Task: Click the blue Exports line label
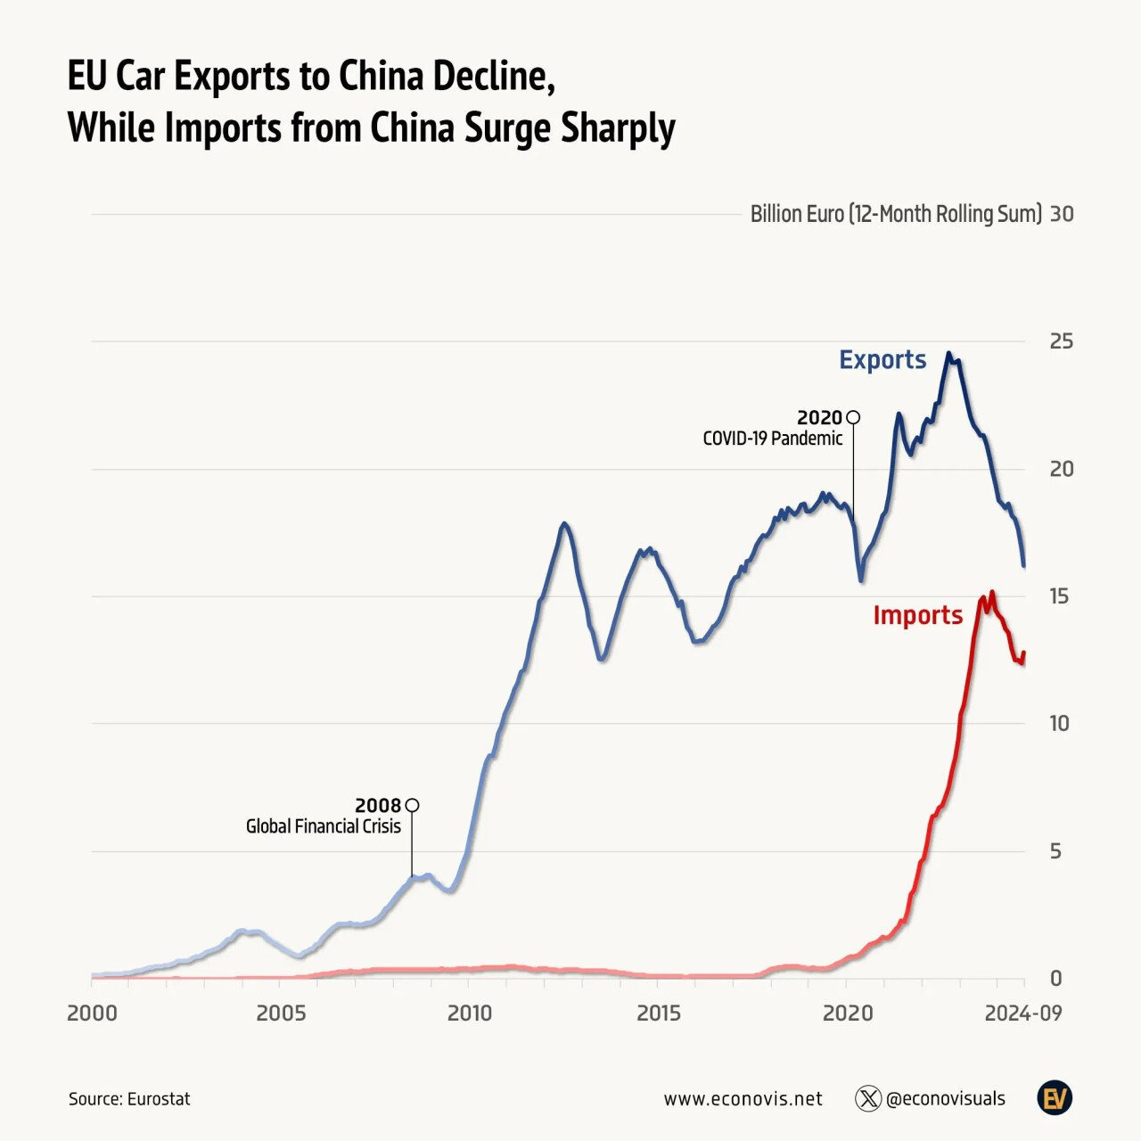(x=882, y=359)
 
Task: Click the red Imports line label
(x=917, y=615)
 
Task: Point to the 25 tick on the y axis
(x=1061, y=342)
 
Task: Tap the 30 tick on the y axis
(x=1062, y=215)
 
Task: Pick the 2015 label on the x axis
(x=658, y=1014)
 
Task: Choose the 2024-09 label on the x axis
(x=1024, y=1014)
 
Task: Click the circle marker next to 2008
(x=412, y=805)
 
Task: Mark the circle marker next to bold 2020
(x=853, y=416)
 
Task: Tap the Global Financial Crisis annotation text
(x=323, y=826)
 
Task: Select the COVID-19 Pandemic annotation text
(x=772, y=438)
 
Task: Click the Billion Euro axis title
(x=895, y=215)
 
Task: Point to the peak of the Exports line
(x=949, y=353)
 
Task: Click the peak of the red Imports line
(x=992, y=592)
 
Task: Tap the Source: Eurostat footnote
(x=129, y=1099)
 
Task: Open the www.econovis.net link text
(x=743, y=1099)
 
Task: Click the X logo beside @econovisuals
(x=867, y=1098)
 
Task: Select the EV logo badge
(x=1055, y=1098)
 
